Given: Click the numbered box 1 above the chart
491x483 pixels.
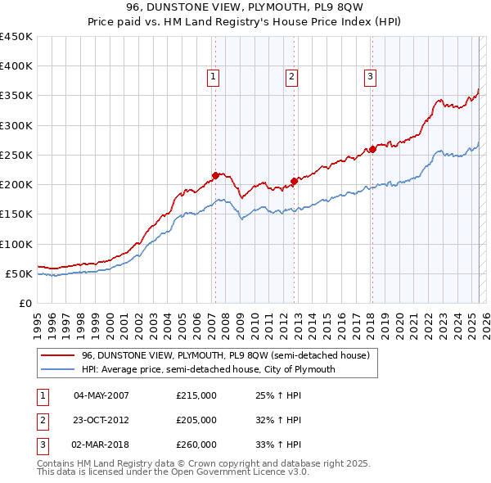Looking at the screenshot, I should click(213, 77).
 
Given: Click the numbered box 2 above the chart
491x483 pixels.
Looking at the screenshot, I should click(291, 77).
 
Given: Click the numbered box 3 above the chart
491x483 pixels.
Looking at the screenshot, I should click(370, 77).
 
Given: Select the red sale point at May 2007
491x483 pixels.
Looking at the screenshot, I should click(215, 175).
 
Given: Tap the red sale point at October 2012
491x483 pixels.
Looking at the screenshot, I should click(295, 181).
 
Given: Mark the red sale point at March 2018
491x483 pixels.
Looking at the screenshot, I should click(372, 149).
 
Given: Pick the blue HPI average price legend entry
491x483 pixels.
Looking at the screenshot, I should click(208, 369).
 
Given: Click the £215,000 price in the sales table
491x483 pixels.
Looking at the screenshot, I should click(196, 395).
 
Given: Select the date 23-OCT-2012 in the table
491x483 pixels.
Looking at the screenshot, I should click(101, 420).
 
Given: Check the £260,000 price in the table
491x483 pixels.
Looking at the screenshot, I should click(196, 445).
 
